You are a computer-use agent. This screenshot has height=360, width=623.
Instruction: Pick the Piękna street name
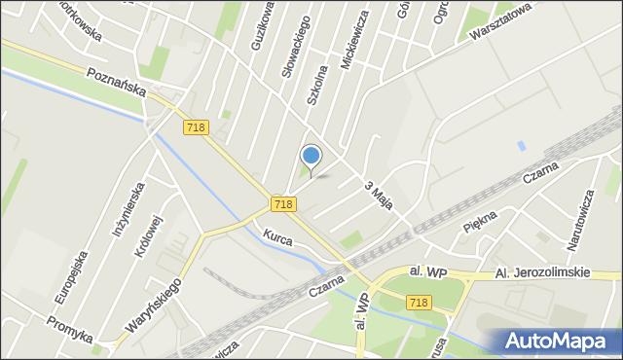(x=481, y=225)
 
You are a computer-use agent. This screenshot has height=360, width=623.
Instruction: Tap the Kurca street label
(x=277, y=234)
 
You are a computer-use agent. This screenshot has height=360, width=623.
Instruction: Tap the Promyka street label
(x=71, y=329)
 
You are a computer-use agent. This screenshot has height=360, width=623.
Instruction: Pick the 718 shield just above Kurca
(x=283, y=203)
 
